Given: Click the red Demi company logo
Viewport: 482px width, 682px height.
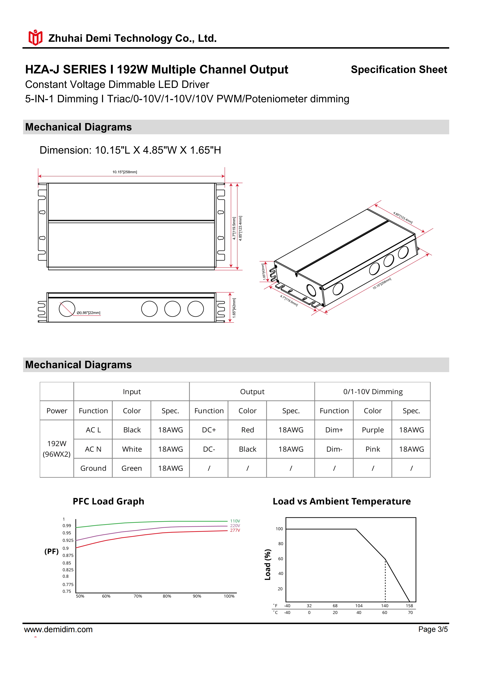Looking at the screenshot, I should click(35, 38).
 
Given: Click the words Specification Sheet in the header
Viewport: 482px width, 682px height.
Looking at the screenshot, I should click(399, 69).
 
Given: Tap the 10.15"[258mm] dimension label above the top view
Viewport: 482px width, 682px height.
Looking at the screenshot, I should click(125, 172).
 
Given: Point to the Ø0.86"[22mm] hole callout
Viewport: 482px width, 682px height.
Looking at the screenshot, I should click(88, 313).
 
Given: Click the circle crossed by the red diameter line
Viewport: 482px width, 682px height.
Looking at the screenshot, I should click(67, 309).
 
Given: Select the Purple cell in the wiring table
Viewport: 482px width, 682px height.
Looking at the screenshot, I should click(372, 430).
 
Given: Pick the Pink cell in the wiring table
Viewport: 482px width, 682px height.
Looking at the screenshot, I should click(372, 449).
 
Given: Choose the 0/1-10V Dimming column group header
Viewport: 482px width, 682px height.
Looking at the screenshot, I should click(373, 392).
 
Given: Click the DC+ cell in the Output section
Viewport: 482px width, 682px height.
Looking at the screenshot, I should click(209, 430).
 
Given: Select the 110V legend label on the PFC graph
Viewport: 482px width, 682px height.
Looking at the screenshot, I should click(235, 521).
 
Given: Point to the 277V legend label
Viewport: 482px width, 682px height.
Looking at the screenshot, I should click(235, 530).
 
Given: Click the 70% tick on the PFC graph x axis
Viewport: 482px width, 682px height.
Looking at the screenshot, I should click(138, 596).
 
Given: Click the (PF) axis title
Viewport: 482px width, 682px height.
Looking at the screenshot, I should click(51, 552).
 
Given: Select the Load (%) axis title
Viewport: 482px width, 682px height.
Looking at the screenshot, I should click(268, 564).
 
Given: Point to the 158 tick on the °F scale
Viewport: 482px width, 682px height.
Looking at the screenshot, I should click(409, 606).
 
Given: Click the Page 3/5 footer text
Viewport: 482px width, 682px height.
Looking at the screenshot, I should click(433, 629).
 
